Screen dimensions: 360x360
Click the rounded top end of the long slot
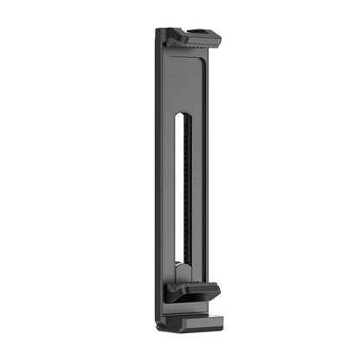(x=180, y=115)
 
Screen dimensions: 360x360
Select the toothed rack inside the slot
(x=183, y=190)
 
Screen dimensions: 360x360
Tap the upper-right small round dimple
(x=196, y=74)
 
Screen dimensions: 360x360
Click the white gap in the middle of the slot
(x=177, y=190)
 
